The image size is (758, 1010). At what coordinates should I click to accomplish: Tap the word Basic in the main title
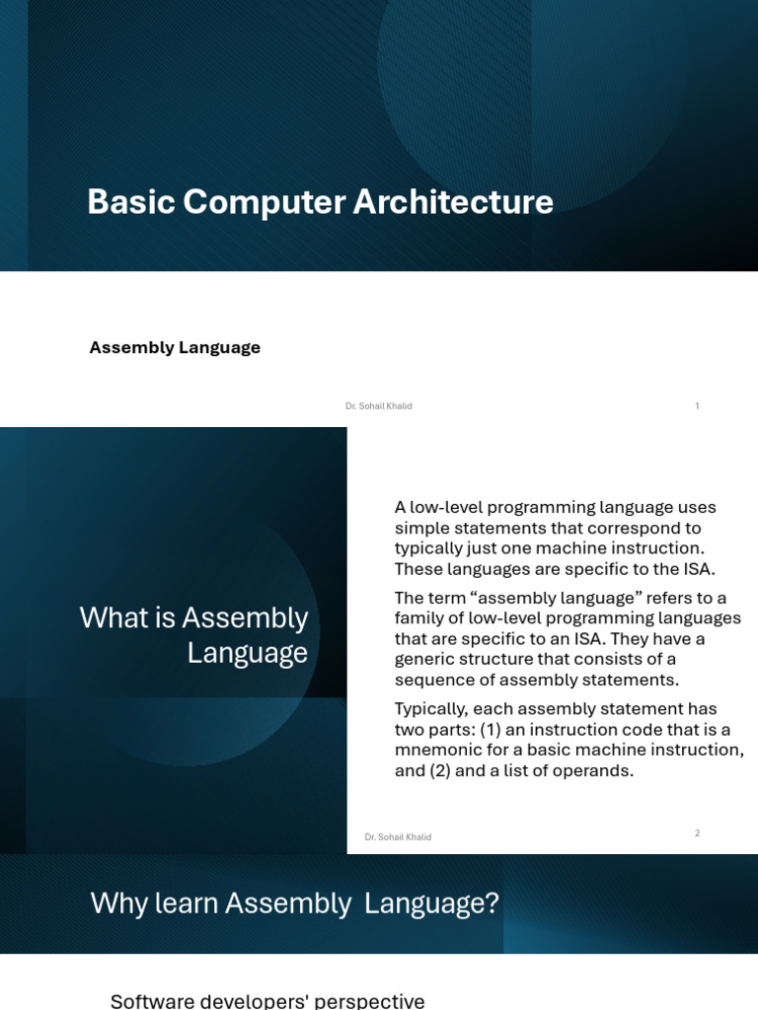coord(129,202)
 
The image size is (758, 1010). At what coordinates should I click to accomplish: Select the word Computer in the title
coord(264,202)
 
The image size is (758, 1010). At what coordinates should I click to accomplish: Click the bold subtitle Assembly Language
coord(175,347)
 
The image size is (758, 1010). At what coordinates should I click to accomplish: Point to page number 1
coord(697,405)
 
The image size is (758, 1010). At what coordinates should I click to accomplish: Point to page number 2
coord(697,832)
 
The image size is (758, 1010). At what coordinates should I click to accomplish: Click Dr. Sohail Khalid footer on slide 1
coord(378,406)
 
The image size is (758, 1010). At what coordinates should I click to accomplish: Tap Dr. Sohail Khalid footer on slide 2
coord(398,837)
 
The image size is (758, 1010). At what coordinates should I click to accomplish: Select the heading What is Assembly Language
coord(193,635)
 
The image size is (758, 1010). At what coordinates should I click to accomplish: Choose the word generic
coord(425,659)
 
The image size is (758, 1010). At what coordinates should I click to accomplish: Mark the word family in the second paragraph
coord(419,617)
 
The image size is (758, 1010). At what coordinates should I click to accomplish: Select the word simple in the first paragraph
coord(421,528)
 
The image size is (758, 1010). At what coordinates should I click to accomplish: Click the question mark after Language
coord(492,903)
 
